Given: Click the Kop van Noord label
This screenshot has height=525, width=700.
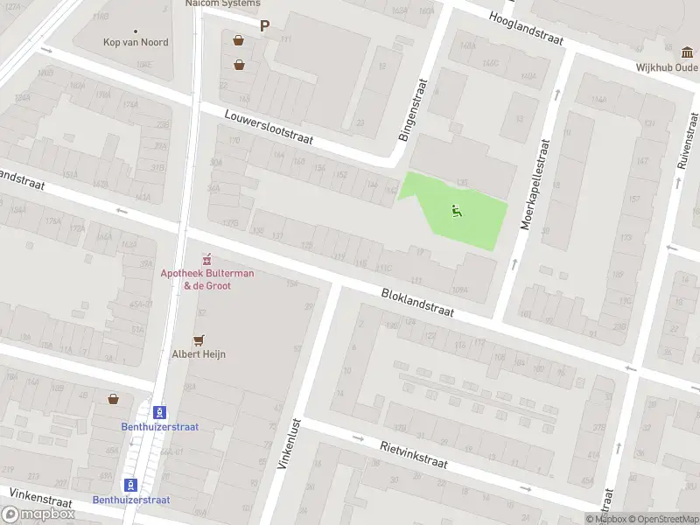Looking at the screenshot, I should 136,42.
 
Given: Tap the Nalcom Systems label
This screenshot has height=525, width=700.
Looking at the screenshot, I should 222,3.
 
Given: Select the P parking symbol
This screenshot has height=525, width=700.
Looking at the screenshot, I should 264,26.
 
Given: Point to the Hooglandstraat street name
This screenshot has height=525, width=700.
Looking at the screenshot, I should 526,29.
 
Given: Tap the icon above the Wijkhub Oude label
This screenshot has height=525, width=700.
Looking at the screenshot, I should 689,51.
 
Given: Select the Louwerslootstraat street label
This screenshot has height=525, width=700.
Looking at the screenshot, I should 268,128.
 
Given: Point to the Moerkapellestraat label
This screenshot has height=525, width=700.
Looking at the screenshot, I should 535,184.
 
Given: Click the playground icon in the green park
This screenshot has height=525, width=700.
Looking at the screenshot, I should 456,211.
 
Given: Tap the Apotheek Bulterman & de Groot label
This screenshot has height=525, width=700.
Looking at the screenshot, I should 207,279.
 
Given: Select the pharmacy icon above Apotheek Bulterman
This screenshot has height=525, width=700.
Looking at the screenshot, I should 207,260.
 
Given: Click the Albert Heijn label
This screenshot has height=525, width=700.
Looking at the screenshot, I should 199,353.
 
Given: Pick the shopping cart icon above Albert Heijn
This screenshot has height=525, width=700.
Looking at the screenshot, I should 199,339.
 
